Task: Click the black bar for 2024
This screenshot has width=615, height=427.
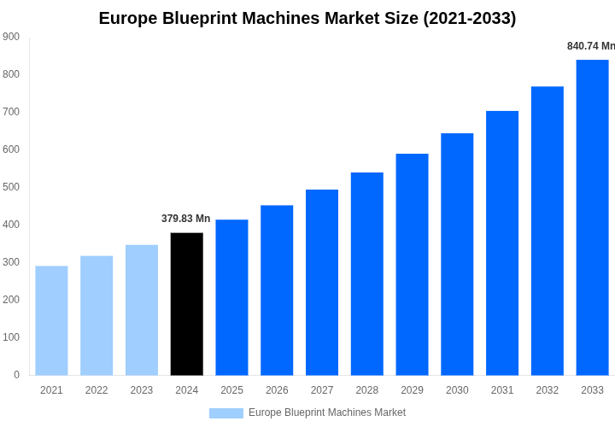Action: click(x=187, y=304)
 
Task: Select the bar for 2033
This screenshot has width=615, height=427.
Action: click(x=592, y=218)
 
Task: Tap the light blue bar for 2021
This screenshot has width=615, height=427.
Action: click(x=51, y=320)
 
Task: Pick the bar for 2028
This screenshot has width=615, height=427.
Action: click(x=367, y=274)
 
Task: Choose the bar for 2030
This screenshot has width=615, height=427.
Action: click(x=457, y=254)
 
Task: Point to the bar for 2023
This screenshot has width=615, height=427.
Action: click(x=142, y=310)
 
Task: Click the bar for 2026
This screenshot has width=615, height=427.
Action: click(x=277, y=290)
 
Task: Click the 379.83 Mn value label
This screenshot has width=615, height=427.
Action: click(x=185, y=219)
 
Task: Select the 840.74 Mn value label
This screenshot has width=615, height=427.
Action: click(x=590, y=46)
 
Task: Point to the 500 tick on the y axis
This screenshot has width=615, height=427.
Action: click(x=11, y=187)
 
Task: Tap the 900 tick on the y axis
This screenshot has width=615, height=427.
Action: click(x=11, y=37)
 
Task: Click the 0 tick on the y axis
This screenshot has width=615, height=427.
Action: click(x=16, y=375)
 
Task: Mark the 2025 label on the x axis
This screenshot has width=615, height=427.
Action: click(x=231, y=390)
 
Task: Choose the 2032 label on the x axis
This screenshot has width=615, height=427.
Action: click(x=548, y=390)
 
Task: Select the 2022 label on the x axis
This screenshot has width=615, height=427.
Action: click(x=97, y=390)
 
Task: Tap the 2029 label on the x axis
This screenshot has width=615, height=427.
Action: click(x=412, y=390)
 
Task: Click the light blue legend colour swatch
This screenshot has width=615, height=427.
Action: click(x=226, y=413)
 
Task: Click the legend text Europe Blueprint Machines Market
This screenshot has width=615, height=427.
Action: click(x=327, y=413)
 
